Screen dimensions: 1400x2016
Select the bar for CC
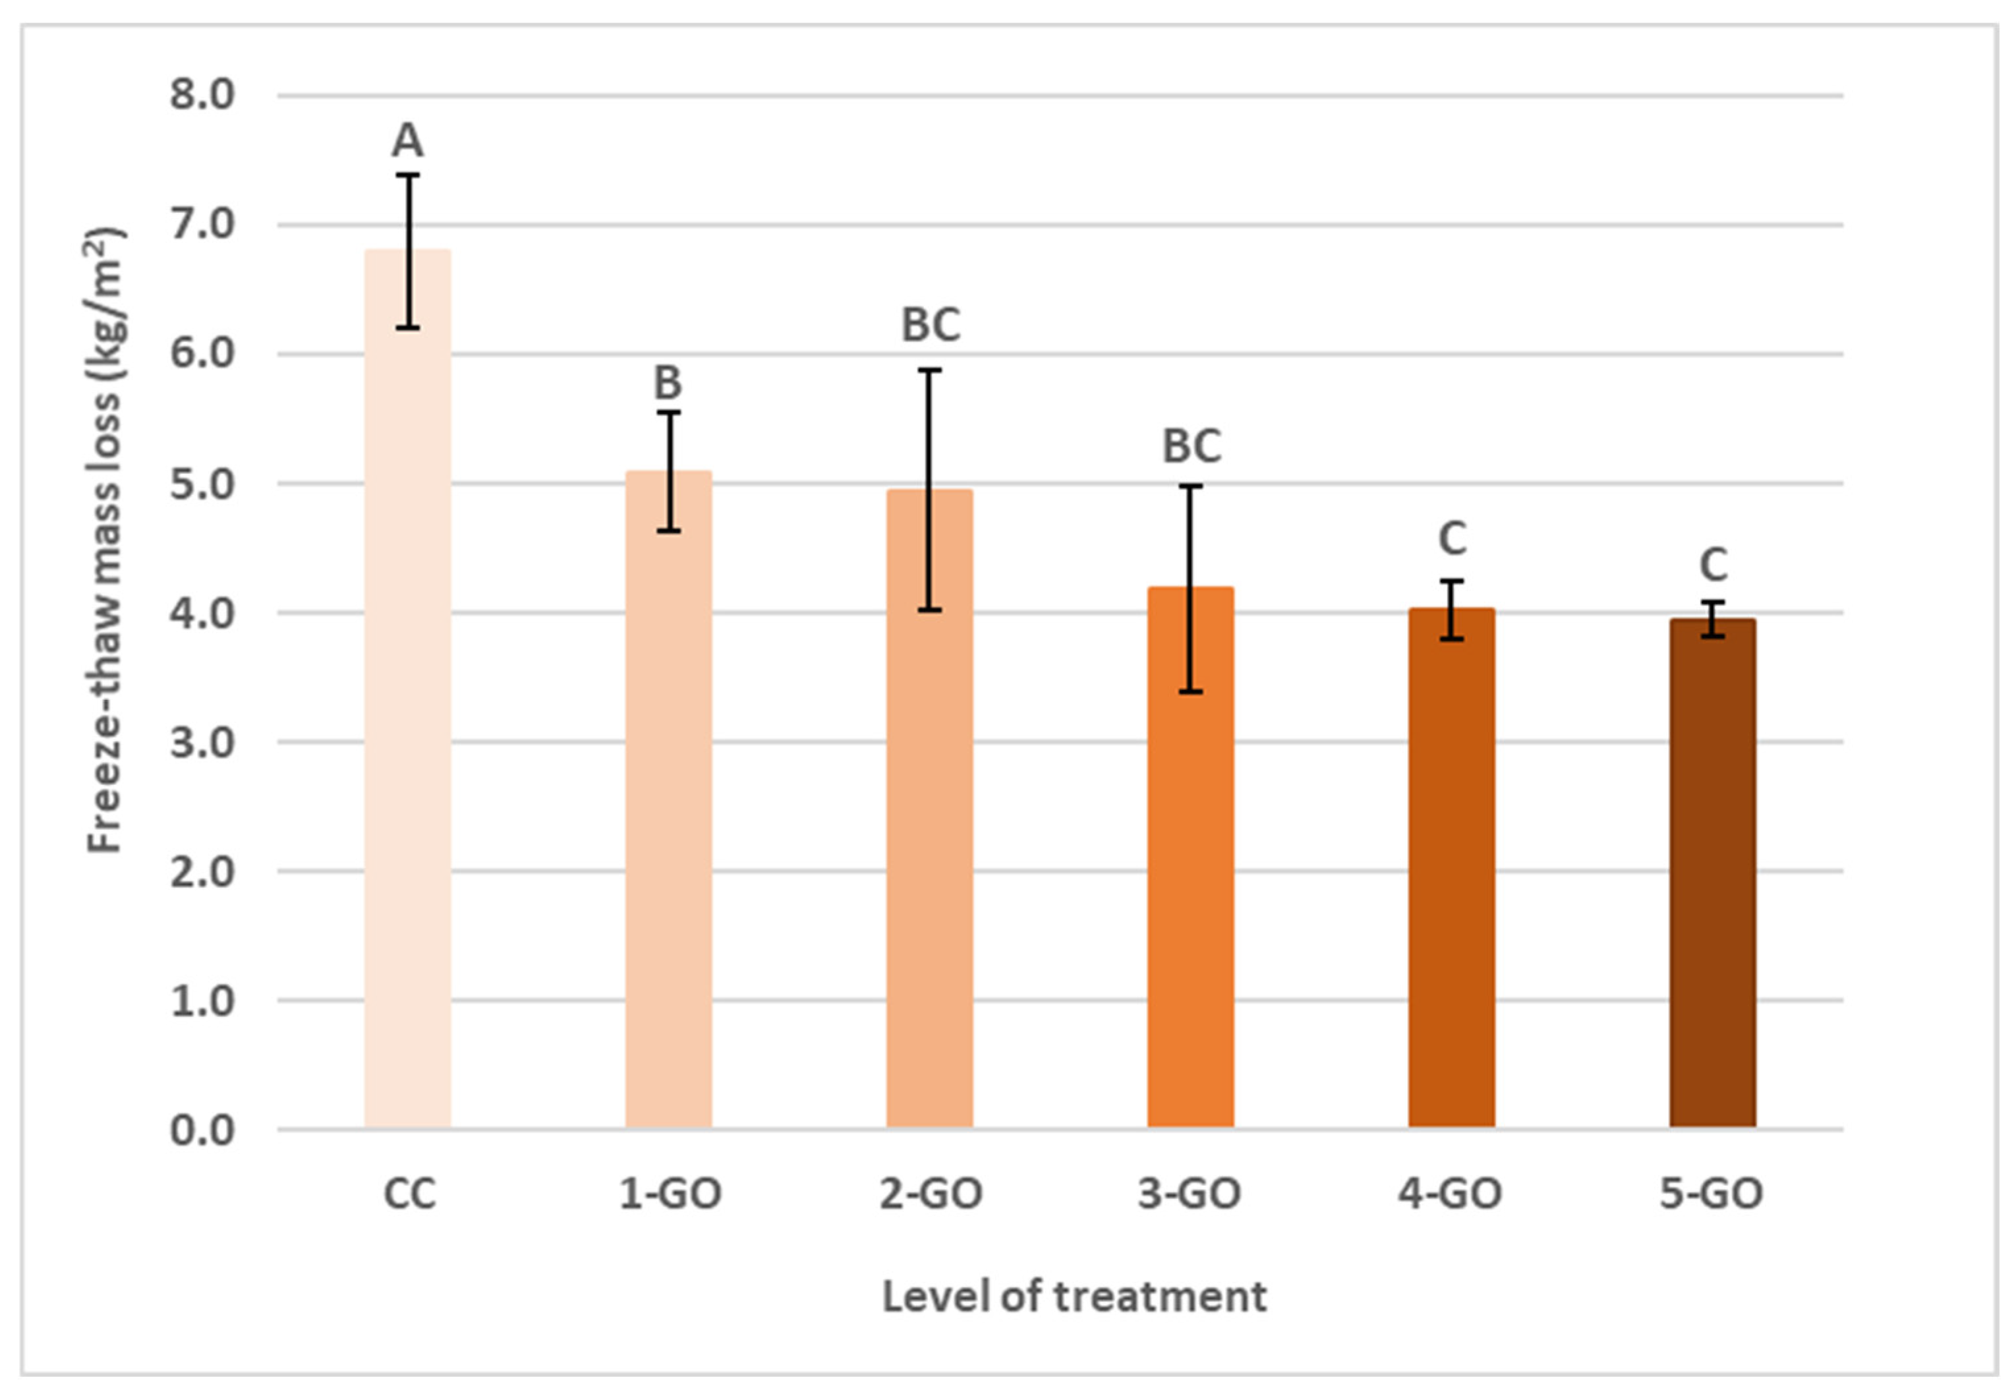408,702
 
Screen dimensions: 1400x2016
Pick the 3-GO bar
1190,877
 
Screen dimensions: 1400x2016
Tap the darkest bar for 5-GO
1712,877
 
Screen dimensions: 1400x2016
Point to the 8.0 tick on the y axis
202,95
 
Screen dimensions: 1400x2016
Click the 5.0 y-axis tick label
202,484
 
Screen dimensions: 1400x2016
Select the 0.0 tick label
202,1130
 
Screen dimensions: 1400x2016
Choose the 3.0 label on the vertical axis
202,743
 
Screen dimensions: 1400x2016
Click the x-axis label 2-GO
931,1194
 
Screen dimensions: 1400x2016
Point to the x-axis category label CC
409,1194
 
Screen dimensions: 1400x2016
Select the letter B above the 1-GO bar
668,382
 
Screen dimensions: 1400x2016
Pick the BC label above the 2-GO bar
931,324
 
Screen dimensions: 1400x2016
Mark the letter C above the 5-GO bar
1714,565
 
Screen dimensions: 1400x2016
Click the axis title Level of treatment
1074,1297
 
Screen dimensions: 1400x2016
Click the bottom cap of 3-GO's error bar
1190,692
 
